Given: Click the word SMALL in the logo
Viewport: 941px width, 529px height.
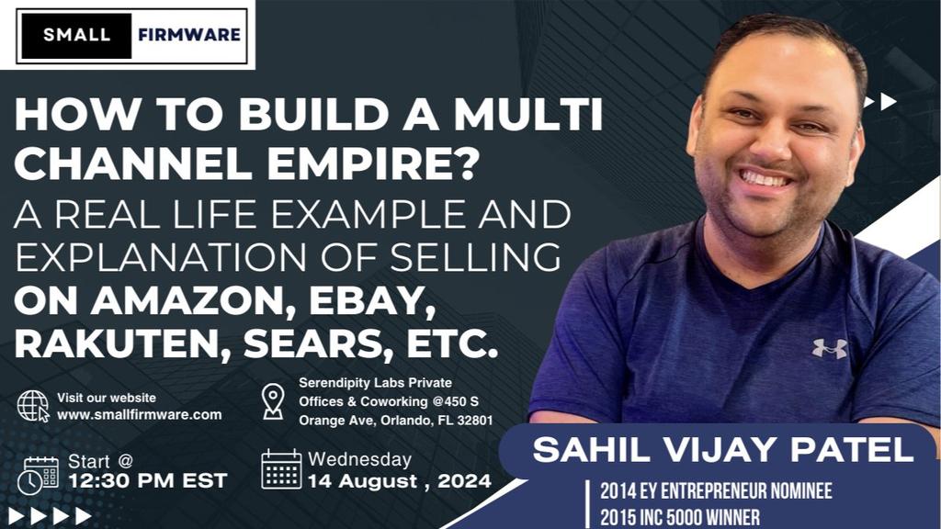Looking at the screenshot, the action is click(76, 35).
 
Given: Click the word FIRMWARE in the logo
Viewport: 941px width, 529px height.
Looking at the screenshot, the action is click(189, 35).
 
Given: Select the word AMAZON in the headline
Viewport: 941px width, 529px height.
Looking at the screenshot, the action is click(196, 301).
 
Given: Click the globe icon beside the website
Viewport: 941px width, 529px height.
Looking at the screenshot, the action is click(33, 406).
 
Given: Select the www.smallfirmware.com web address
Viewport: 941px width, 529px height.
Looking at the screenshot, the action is click(140, 414).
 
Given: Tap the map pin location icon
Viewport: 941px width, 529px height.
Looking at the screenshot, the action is click(273, 401).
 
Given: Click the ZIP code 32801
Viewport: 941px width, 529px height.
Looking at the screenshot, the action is click(475, 421).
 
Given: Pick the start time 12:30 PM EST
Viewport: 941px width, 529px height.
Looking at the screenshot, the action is click(148, 480).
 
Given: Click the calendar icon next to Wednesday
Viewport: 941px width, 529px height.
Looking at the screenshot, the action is click(281, 469).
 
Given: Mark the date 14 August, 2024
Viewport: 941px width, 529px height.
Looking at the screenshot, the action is click(400, 481).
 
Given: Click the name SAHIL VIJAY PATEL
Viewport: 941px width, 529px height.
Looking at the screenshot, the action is click(723, 450).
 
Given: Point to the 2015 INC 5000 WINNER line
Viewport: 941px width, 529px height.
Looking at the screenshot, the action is click(680, 517).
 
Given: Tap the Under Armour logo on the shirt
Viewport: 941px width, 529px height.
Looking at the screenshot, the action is click(830, 348).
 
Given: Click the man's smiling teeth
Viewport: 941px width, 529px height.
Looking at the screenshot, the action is click(766, 178).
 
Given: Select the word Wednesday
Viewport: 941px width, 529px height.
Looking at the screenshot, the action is click(359, 459).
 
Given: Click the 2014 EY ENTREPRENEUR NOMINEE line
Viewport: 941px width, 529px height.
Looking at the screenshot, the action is click(716, 491).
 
